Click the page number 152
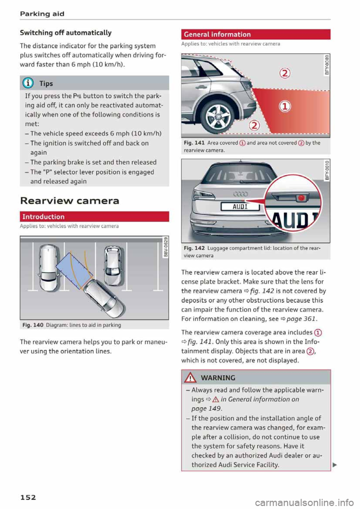(x=28, y=497)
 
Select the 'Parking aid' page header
(x=42, y=14)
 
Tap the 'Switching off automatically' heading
(x=66, y=33)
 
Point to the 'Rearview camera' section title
(x=69, y=201)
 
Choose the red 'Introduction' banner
(x=94, y=217)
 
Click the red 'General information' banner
(x=255, y=34)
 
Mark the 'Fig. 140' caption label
(x=33, y=325)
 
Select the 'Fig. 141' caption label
(x=194, y=143)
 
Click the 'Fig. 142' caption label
(x=194, y=248)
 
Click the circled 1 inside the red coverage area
(x=285, y=106)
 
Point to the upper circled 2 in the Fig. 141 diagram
(x=285, y=73)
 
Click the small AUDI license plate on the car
(x=240, y=207)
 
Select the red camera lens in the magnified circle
(x=301, y=198)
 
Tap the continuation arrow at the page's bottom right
(x=335, y=465)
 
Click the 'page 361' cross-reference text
(x=301, y=319)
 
